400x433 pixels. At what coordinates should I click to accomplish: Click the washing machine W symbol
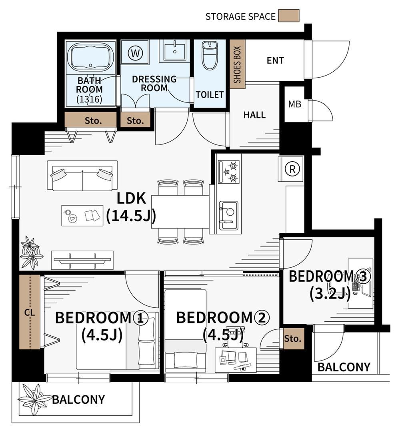135,53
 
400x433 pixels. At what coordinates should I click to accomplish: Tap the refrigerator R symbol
292,168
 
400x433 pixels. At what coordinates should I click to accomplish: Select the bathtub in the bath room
91,57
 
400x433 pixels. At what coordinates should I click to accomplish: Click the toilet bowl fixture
210,55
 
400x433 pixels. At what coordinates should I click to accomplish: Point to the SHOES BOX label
238,64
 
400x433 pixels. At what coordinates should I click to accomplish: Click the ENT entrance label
275,60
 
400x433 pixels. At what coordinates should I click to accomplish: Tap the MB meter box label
294,104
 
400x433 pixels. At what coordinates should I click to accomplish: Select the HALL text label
254,114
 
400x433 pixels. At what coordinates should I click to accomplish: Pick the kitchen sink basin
228,215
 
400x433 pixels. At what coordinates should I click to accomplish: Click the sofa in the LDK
82,176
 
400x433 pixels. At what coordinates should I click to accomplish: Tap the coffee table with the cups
82,215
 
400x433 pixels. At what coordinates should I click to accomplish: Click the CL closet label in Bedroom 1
30,313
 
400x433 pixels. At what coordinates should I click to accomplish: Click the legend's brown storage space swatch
288,16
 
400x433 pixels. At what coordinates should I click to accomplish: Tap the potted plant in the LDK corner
31,253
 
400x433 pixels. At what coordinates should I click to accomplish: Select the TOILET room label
210,95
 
